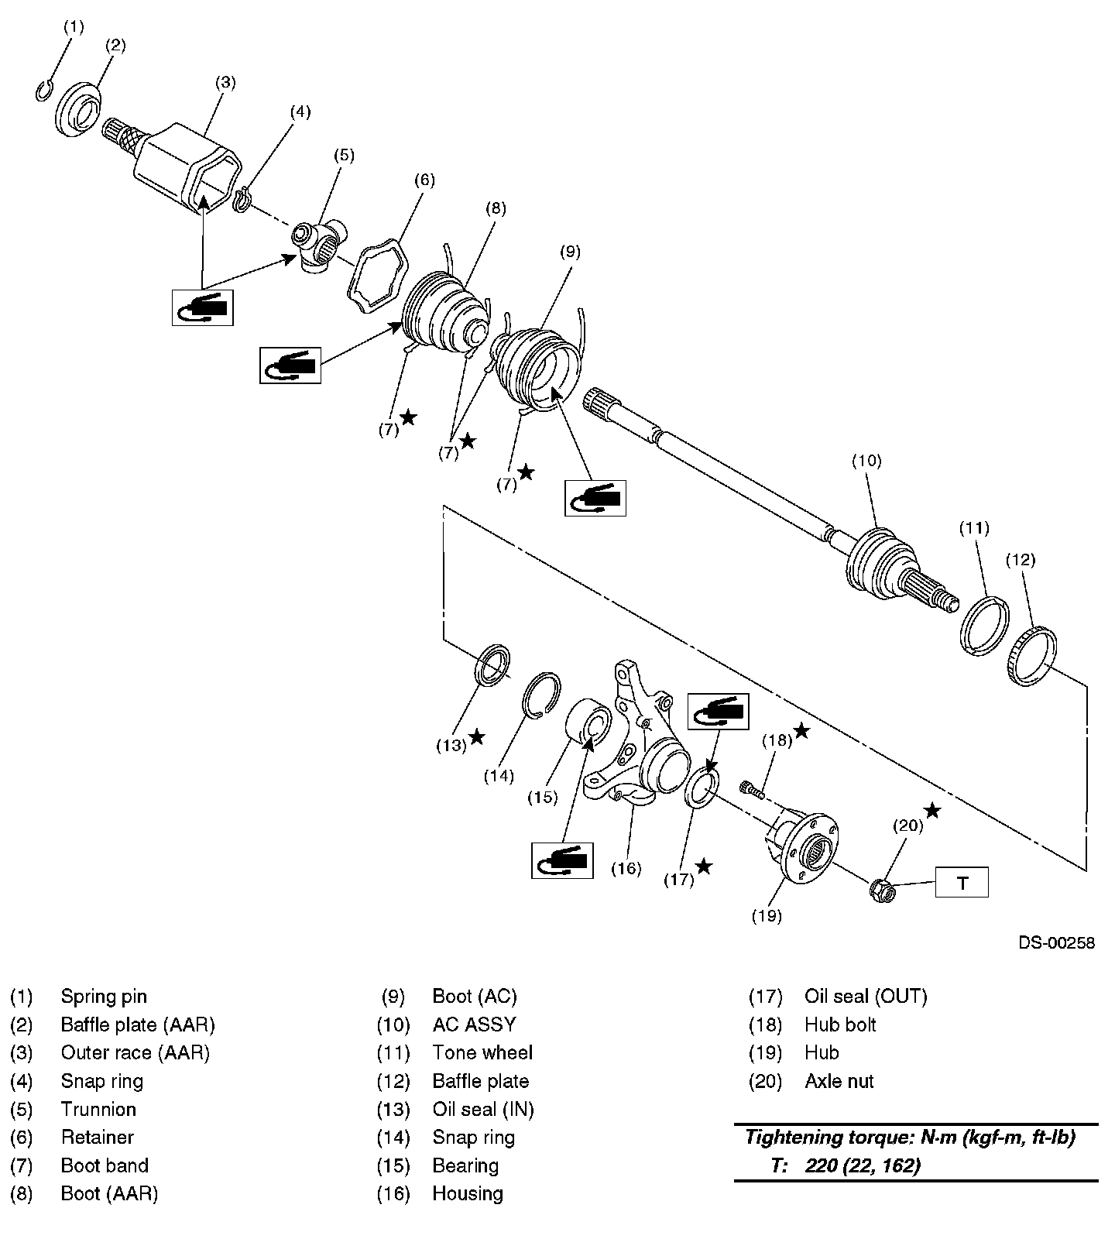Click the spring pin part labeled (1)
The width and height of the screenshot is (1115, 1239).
(44, 91)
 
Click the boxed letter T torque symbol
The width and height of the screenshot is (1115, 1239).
(962, 882)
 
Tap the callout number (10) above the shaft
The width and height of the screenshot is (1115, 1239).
(866, 461)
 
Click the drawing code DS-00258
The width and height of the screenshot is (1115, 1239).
(1056, 942)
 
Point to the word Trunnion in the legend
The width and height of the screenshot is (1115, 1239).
(98, 1109)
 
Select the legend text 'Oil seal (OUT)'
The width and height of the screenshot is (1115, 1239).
(865, 996)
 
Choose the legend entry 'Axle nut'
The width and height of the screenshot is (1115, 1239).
(839, 1081)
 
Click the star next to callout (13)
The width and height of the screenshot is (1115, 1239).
(477, 736)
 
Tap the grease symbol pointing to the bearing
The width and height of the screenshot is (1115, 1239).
(562, 860)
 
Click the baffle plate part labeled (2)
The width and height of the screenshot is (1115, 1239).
(78, 111)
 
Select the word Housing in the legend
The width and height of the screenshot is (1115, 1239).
(468, 1193)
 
